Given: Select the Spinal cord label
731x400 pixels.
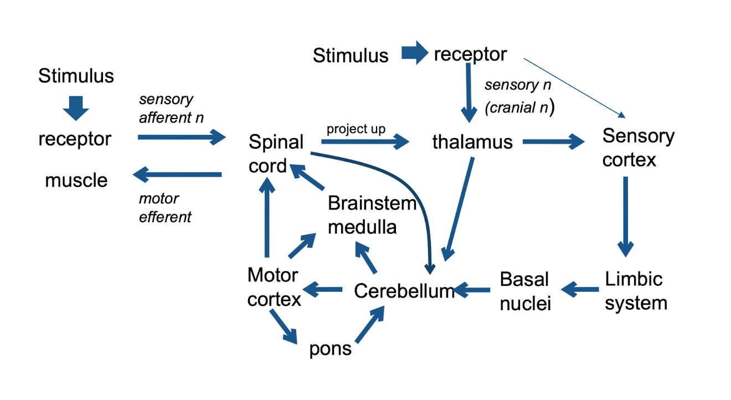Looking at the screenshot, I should point(275,153).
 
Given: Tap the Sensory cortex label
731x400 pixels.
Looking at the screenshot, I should point(638,147).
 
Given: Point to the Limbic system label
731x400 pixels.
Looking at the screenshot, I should point(635,290).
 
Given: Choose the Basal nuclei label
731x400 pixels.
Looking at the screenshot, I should point(525,291).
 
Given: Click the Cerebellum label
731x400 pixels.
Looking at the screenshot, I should point(404,290).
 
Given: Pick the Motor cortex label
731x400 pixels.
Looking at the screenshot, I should point(274,287).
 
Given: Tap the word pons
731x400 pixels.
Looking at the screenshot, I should point(330,348).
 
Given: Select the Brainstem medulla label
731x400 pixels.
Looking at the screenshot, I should point(371,215).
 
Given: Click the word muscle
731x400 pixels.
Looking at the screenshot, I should point(76,180).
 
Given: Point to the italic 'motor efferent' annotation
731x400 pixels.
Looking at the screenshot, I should point(164,208).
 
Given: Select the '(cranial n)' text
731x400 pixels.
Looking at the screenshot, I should point(519,109).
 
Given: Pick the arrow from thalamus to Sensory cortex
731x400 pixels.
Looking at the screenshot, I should point(553,142).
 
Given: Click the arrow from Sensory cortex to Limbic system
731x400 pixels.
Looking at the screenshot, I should point(626,216).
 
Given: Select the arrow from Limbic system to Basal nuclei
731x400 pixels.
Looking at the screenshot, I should point(580,289).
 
